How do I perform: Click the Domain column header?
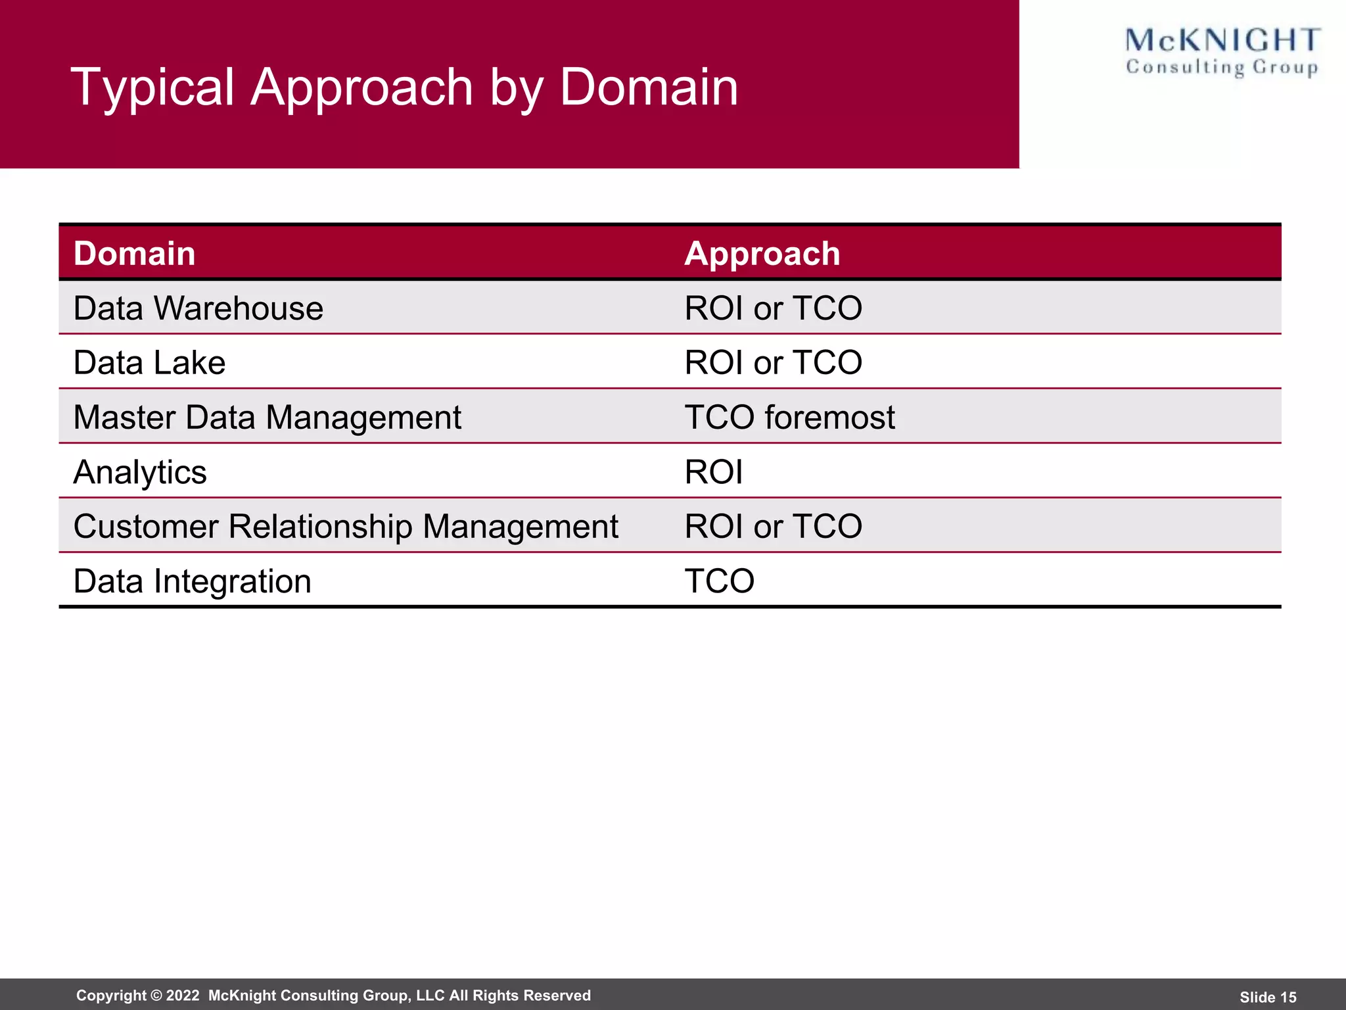135,254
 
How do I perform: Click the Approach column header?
762,254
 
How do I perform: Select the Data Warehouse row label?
198,308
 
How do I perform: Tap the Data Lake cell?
150,363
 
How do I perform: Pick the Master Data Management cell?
267,418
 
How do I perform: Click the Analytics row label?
140,472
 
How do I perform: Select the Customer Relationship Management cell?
346,527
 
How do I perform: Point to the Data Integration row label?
193,581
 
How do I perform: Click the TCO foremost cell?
789,418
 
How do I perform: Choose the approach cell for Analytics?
714,472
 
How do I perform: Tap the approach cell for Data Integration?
720,581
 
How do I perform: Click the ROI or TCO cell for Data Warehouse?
773,308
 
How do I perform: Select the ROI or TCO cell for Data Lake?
773,363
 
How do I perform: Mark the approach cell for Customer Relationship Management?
773,527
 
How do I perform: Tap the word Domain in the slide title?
649,87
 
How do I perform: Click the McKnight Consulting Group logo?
1222,53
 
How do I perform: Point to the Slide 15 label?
1268,997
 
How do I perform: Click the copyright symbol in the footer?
156,996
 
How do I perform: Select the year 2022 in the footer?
183,996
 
